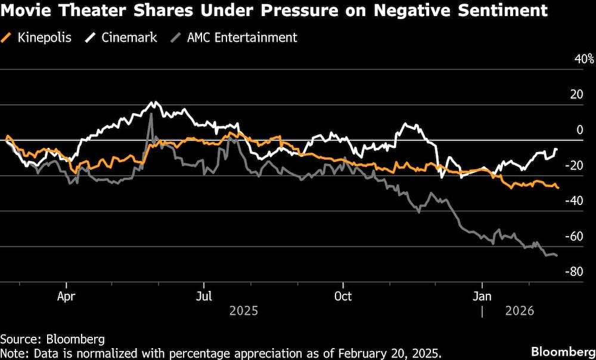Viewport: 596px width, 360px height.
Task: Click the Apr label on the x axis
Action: pos(66,296)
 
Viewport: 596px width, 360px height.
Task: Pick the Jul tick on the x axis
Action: pos(204,296)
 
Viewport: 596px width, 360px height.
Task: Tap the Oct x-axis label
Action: pos(343,296)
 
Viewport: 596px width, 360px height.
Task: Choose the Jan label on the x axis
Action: pos(482,296)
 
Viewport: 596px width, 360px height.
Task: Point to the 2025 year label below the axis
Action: pos(243,311)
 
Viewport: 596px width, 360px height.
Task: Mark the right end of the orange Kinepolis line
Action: pos(558,188)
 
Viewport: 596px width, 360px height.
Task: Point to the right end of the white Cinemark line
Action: pos(557,149)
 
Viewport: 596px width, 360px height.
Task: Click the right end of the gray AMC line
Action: pos(557,255)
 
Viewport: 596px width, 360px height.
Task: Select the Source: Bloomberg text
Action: pos(52,339)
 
